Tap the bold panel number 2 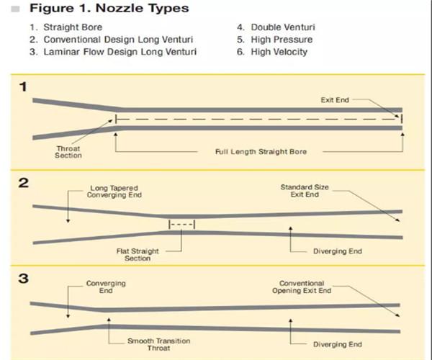pyautogui.click(x=23, y=183)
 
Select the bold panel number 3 pyautogui.click(x=23, y=277)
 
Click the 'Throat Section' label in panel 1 pyautogui.click(x=68, y=152)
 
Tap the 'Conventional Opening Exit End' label pyautogui.click(x=302, y=287)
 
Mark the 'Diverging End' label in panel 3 pyautogui.click(x=338, y=343)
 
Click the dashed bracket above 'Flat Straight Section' pyautogui.click(x=182, y=225)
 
